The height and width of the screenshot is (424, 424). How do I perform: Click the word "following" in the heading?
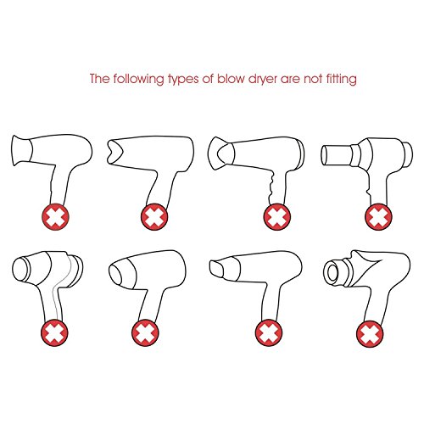pyautogui.click(x=139, y=79)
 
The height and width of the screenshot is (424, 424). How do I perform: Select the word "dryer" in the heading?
pyautogui.click(x=263, y=79)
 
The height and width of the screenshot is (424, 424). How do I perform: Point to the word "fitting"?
pyautogui.click(x=341, y=79)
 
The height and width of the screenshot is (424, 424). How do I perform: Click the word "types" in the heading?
pyautogui.click(x=183, y=80)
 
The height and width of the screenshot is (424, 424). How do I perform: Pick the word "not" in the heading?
pyautogui.click(x=313, y=79)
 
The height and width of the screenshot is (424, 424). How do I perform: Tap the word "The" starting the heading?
pyautogui.click(x=99, y=78)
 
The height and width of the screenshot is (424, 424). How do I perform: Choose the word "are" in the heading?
pyautogui.click(x=291, y=80)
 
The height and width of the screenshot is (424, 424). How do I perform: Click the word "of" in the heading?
pyautogui.click(x=208, y=78)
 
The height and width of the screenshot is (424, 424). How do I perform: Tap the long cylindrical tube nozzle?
pyautogui.click(x=337, y=154)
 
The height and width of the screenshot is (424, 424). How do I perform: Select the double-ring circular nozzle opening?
pyautogui.click(x=333, y=271)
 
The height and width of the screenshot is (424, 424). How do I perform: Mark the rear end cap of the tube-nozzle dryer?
pyautogui.click(x=408, y=154)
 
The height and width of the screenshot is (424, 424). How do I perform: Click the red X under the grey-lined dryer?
pyautogui.click(x=54, y=332)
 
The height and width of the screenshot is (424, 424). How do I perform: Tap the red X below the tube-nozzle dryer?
pyautogui.click(x=378, y=217)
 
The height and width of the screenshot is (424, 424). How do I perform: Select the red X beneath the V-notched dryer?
pyautogui.click(x=154, y=217)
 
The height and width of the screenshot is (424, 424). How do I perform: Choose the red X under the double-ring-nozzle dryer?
pyautogui.click(x=370, y=334)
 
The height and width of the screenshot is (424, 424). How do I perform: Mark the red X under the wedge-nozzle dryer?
pyautogui.click(x=269, y=332)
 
